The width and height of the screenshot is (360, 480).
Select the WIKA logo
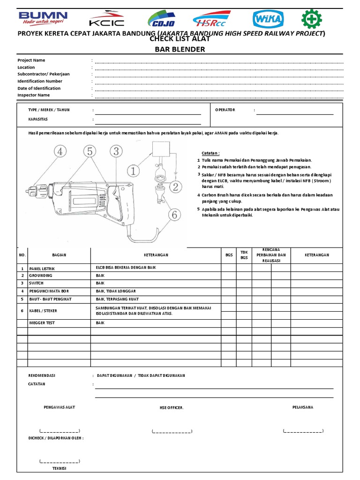coord(268,19)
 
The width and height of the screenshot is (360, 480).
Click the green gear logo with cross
coord(311,19)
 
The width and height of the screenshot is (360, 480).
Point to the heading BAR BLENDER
coord(180,49)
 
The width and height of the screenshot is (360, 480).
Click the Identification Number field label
coord(40,81)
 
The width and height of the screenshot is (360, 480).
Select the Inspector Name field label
coord(33,95)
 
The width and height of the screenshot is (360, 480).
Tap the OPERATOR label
coord(225,110)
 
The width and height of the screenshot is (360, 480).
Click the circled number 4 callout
coord(60,151)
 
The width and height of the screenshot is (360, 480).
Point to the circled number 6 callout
coord(174,215)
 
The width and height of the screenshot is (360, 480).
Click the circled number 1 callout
coord(133,171)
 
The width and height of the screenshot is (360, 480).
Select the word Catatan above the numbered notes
coord(210,153)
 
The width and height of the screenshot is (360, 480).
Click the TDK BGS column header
coord(244,255)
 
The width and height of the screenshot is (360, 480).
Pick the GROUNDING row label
coord(42,276)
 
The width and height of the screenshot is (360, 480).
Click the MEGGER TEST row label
coord(42,322)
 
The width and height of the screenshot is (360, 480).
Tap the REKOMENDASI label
coord(42,375)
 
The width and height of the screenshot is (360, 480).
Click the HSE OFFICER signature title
coord(172,408)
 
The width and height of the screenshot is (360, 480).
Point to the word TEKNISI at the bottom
coord(59,468)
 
